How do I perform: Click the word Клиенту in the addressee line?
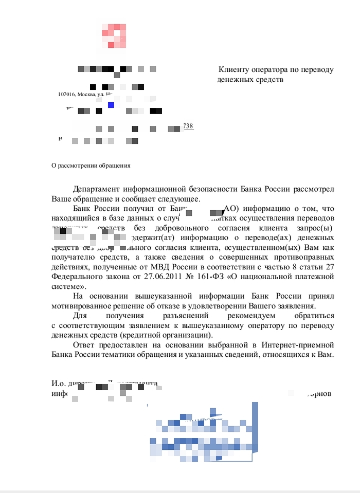pos(235,69)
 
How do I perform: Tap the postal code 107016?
pos(67,95)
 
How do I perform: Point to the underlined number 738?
pos(188,126)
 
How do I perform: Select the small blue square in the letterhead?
pos(111,105)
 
